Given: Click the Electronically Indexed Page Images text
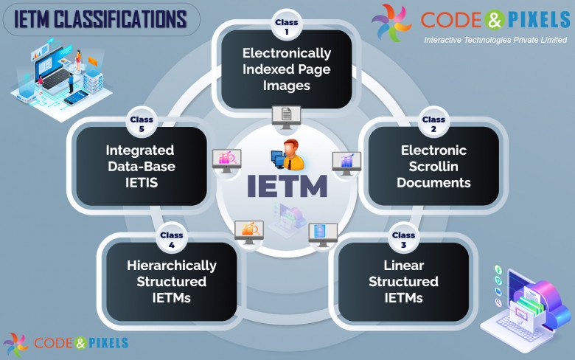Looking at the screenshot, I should pos(287,69).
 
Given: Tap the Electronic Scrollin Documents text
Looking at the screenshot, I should pos(433,166).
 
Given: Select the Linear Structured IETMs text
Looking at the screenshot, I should pos(403,281).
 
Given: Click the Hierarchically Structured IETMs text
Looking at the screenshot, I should pos(171,281).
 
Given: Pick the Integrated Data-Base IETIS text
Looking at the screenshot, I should pos(141,166).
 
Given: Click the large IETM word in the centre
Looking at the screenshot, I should pos(287,186).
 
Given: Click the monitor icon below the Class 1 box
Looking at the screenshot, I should pos(287,116).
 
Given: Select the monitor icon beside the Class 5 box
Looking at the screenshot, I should pos(226,159).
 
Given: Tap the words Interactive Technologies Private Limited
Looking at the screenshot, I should pos(495,41).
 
